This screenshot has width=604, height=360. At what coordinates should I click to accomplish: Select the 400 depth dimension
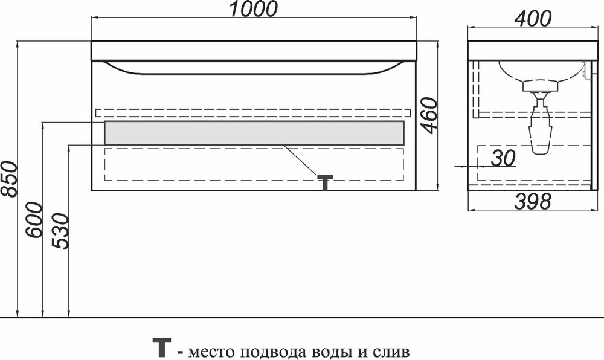[533, 19]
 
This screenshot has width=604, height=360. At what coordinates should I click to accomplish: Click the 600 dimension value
[34, 219]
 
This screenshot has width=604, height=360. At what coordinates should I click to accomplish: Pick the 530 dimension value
[62, 232]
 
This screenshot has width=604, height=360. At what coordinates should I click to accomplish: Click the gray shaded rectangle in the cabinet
[254, 133]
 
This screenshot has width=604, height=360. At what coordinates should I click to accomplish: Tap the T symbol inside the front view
[326, 181]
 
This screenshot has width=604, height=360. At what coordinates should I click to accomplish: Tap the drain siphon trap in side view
[541, 130]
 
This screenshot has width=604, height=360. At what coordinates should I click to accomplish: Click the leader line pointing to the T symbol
[302, 160]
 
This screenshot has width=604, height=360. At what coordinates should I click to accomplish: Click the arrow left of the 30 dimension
[461, 166]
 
